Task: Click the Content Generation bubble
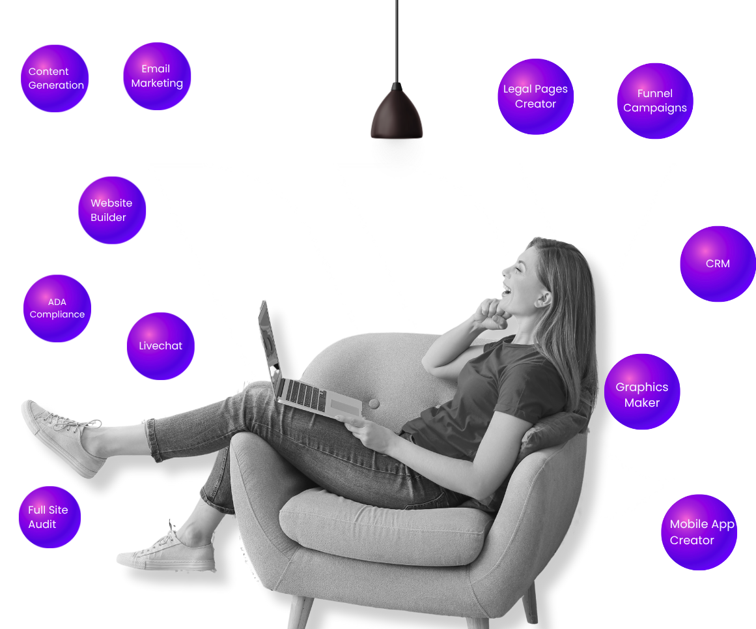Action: click(55, 78)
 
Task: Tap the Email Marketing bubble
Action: click(157, 76)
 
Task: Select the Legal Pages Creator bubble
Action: click(535, 96)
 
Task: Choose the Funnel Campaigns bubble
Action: click(655, 101)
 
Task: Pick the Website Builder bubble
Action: click(112, 210)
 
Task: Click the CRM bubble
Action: click(718, 264)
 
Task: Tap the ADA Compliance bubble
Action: click(57, 308)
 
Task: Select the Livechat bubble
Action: click(160, 346)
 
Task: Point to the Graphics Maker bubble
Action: click(642, 392)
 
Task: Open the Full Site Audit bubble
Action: click(50, 517)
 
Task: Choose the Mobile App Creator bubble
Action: click(699, 532)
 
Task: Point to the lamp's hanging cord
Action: click(397, 39)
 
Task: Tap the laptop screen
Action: click(269, 345)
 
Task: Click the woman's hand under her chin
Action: click(491, 314)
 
